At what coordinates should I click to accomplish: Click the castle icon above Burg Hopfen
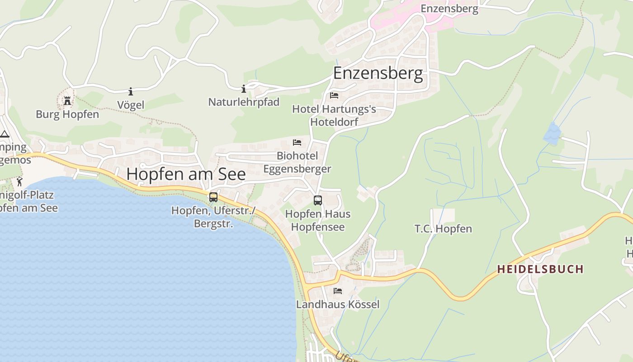point(67,100)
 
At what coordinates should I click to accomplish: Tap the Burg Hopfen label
point(67,114)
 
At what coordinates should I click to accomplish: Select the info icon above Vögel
point(131,92)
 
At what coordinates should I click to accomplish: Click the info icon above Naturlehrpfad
point(244,89)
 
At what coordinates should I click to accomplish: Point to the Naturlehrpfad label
point(244,102)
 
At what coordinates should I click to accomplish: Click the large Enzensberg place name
point(378,73)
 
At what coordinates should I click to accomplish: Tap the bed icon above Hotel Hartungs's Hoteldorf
point(334,95)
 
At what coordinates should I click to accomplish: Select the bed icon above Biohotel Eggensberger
point(297,142)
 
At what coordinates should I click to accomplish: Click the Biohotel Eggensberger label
point(297,162)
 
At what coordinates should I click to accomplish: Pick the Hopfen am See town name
point(186,174)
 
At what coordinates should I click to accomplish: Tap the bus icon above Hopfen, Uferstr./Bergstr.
point(213,197)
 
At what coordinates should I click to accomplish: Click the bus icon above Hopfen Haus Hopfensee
point(318,200)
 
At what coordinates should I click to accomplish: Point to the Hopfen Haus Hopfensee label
point(318,220)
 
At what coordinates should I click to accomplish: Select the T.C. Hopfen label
point(443,229)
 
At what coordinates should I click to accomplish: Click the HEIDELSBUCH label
point(540,269)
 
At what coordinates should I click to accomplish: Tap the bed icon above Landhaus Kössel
point(338,291)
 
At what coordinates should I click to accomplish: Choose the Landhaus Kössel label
point(338,305)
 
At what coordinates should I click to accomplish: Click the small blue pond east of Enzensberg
point(552,133)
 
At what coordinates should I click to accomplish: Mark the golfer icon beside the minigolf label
point(19,182)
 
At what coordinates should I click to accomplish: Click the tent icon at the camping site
point(5,134)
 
